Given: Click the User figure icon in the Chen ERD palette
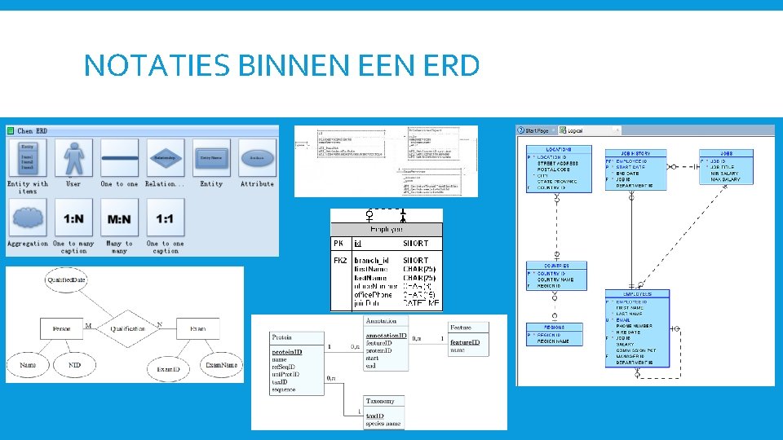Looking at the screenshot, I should click(73, 158).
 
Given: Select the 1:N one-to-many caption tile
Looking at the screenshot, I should click(73, 219).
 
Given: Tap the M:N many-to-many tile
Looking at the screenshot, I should click(120, 219).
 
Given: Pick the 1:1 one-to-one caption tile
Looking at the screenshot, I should click(166, 219).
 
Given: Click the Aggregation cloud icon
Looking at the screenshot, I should click(28, 219).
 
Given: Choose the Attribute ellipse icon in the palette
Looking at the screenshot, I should click(257, 158).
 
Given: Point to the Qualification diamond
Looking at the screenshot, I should click(128, 329).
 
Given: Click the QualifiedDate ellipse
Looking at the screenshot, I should click(66, 280).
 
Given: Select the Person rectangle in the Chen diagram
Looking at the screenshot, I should click(61, 329).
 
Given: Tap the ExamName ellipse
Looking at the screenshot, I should click(223, 366).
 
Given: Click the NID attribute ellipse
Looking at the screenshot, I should click(75, 366).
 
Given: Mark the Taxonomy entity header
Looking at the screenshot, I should click(381, 401).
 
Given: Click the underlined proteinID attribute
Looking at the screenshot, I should click(287, 352).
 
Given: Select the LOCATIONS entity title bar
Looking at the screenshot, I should click(559, 150).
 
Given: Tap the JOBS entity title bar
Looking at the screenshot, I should click(726, 153).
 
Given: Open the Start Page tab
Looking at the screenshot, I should click(535, 130).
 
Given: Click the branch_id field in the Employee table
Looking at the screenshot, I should click(371, 261).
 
